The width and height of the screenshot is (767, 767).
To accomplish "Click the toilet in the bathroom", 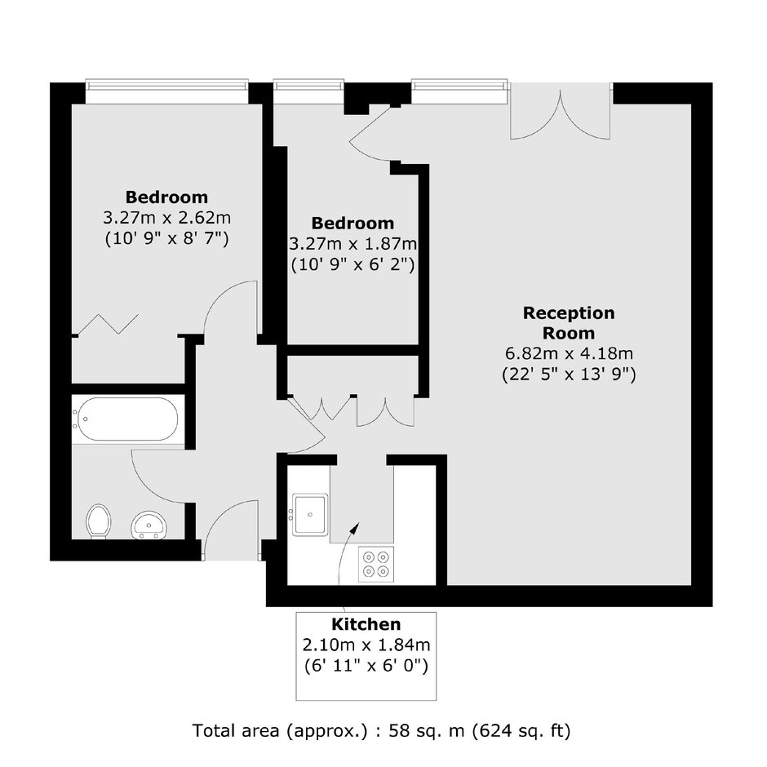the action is [x=98, y=521].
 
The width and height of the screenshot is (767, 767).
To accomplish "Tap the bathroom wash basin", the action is [x=149, y=525].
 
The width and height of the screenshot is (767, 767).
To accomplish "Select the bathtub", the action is [x=125, y=419].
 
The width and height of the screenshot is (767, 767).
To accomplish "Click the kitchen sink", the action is [x=310, y=515].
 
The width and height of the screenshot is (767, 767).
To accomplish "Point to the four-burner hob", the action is [x=376, y=564].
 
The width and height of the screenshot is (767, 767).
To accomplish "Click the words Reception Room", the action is [x=569, y=323].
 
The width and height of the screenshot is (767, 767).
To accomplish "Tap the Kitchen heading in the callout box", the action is [x=366, y=624].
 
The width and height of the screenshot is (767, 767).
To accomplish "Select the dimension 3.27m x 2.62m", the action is [x=166, y=217].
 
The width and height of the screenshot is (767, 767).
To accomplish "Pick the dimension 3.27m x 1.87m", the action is [x=352, y=244].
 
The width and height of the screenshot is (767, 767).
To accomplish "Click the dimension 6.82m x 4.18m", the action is [x=569, y=353].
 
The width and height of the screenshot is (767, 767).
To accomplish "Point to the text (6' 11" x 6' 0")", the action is [x=366, y=666].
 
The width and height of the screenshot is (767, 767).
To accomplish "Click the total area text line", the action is [x=382, y=731].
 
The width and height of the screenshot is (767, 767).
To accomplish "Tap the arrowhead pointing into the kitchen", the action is [x=356, y=527].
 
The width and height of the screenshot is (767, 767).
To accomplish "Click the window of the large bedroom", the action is [x=166, y=91].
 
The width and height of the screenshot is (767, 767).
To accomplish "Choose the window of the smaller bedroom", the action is [x=308, y=91].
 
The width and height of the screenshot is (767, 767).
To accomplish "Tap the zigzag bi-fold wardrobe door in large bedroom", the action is [x=108, y=323].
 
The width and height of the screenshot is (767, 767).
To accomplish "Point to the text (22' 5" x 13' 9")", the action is [x=569, y=375].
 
